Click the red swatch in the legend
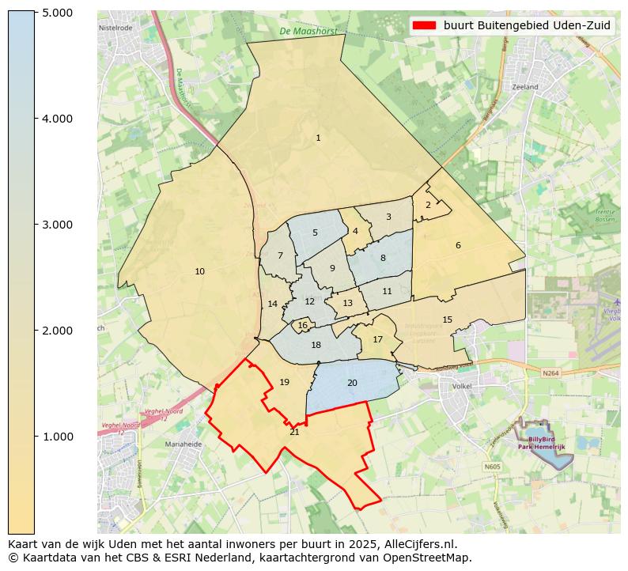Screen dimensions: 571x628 [424, 25]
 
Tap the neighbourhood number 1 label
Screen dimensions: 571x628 [318, 138]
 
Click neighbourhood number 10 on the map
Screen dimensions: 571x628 [199, 272]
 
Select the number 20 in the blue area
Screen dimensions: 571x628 [352, 384]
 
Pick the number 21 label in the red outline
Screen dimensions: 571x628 [294, 432]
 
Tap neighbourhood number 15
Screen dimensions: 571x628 [447, 320]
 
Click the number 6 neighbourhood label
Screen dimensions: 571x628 [458, 246]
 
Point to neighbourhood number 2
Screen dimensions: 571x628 [428, 205]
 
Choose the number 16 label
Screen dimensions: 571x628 [302, 326]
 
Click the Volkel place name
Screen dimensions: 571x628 [460, 387]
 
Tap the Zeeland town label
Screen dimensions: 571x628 [524, 87]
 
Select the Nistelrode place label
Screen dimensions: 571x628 [115, 27]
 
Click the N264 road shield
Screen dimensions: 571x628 [550, 372]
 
